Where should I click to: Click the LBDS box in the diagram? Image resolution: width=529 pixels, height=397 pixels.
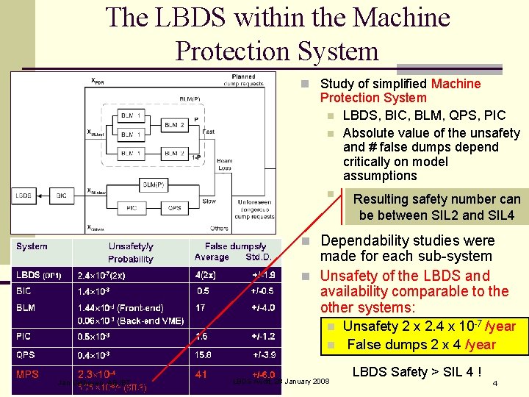24,196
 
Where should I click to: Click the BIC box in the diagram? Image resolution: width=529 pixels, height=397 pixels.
61,196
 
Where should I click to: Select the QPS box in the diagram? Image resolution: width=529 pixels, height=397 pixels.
175,208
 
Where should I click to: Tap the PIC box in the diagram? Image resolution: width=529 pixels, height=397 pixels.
132,208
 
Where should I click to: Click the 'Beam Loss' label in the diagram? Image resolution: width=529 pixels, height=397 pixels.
224,164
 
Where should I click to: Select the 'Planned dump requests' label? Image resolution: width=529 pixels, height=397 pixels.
243,79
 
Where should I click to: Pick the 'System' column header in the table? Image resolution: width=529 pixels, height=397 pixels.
32,246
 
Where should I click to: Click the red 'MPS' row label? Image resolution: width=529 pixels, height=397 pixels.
28,374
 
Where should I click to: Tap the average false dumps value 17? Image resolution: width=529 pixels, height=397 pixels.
201,308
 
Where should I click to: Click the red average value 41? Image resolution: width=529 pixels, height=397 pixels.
201,374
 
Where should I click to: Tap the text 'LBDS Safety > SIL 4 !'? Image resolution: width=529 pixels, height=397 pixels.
417,372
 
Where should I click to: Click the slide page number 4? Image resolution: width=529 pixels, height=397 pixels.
495,384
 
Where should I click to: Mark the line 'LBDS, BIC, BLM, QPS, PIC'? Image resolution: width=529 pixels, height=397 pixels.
424,115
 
